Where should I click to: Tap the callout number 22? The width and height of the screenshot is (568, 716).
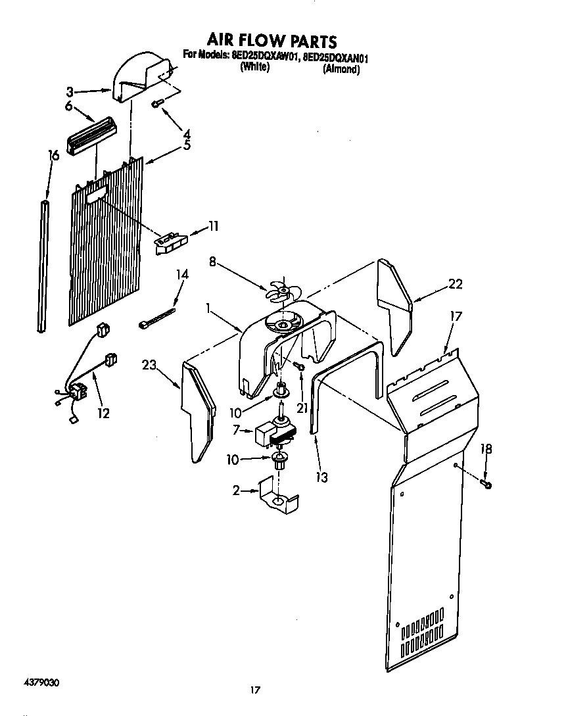[x=455, y=284]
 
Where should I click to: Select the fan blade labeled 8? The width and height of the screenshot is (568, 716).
[x=281, y=290]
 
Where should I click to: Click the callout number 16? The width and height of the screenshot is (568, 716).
[x=54, y=156]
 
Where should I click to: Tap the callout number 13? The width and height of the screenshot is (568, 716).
[x=321, y=477]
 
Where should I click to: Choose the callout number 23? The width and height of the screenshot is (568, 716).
[x=151, y=365]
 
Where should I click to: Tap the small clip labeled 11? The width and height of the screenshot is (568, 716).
[x=170, y=242]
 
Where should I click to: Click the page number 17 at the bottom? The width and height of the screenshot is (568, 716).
[x=256, y=690]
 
